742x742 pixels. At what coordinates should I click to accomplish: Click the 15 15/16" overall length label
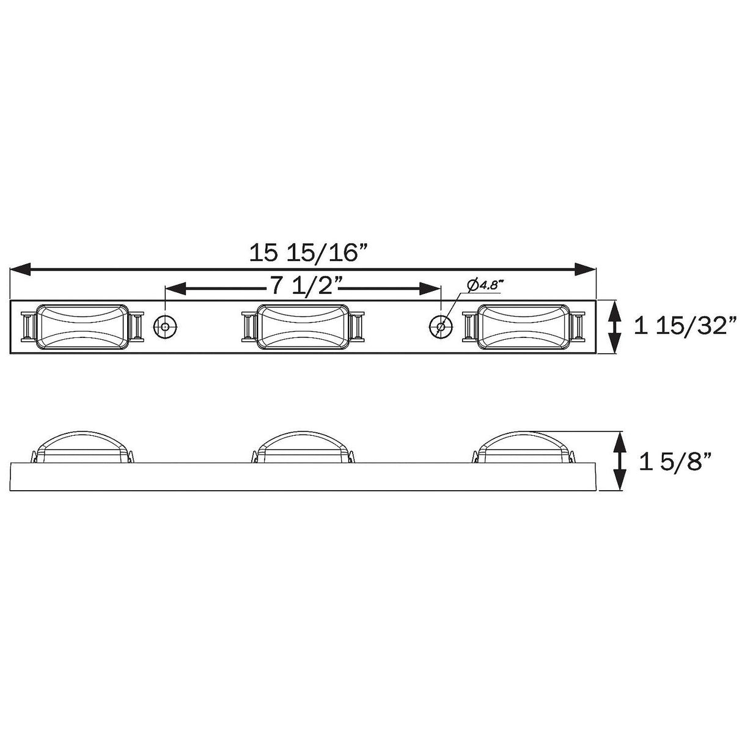click(x=310, y=252)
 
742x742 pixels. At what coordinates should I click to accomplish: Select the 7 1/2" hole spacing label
click(x=303, y=285)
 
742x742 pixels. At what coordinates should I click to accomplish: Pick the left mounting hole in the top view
click(x=165, y=326)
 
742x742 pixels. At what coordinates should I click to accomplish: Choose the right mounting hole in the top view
click(x=441, y=326)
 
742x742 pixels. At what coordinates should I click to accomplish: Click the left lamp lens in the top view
click(x=83, y=326)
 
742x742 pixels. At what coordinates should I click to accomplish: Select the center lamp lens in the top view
click(x=303, y=326)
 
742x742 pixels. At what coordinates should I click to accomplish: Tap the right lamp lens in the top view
click(x=523, y=326)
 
